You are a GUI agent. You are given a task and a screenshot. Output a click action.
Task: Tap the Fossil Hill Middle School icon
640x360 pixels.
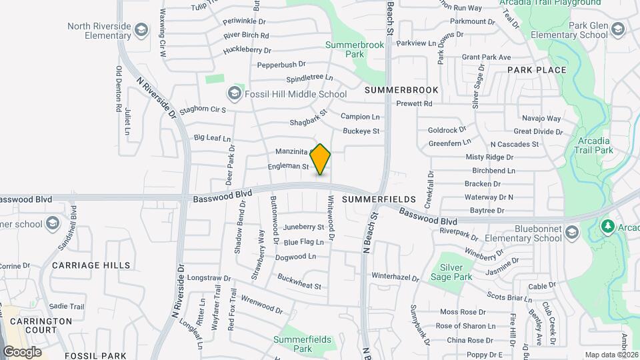(x=234, y=94)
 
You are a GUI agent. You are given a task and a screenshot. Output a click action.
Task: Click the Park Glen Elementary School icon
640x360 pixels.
(x=618, y=29)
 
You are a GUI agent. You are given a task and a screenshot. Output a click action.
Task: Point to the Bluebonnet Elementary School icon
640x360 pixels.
(x=571, y=233)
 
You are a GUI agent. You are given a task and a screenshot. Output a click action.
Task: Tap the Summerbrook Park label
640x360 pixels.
(x=346, y=49)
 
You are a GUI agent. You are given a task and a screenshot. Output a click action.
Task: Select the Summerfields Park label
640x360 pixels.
(x=302, y=344)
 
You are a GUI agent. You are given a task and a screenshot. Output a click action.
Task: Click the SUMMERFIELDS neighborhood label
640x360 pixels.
(x=379, y=199)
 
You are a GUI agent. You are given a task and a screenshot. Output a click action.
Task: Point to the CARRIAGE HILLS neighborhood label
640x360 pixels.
(x=91, y=265)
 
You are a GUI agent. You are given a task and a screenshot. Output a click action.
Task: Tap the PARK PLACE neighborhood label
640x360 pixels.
(x=537, y=70)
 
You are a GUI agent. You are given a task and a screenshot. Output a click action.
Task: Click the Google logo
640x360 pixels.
(x=22, y=351)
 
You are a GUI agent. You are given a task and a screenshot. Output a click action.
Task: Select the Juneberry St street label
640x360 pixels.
(x=303, y=227)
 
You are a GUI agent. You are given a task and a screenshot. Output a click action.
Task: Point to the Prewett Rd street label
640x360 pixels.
(x=414, y=103)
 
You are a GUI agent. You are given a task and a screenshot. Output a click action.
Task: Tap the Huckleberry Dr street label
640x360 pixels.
(x=247, y=50)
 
